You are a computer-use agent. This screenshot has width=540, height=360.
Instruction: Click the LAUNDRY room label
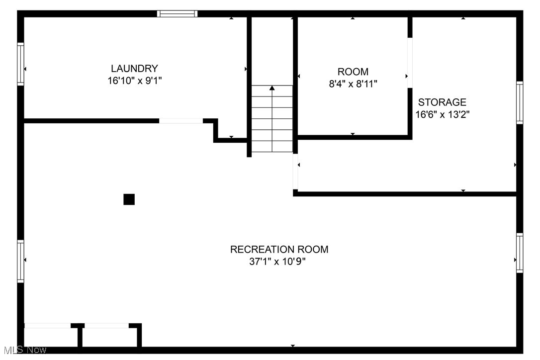134,69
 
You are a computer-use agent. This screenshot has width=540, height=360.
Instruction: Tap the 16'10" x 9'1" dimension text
134,81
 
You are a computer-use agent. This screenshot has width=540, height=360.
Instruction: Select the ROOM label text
353,72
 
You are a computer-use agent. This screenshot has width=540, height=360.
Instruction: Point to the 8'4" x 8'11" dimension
353,84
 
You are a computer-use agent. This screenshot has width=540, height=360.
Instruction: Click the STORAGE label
442,102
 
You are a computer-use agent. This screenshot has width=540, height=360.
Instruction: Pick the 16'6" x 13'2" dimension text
443,114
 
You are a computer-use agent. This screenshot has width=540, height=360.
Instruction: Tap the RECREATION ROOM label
279,250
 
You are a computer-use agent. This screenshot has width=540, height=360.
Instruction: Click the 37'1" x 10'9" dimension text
277,262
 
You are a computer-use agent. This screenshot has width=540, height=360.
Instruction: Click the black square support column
129,199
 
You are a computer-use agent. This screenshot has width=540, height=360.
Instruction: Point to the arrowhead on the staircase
272,89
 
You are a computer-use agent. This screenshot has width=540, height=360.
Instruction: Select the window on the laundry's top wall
178,14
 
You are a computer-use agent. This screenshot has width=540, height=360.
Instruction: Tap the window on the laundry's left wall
21,64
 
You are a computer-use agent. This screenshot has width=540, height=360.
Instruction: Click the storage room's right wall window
520,103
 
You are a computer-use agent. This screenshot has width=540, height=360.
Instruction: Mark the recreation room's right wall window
520,253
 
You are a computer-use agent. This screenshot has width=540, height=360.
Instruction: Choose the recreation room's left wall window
21,262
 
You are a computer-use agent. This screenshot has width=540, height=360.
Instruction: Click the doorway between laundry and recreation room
181,120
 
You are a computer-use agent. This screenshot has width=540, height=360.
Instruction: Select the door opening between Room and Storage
410,63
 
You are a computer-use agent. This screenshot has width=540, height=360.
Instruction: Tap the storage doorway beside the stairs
295,172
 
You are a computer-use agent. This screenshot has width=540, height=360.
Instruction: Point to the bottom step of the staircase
272,147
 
